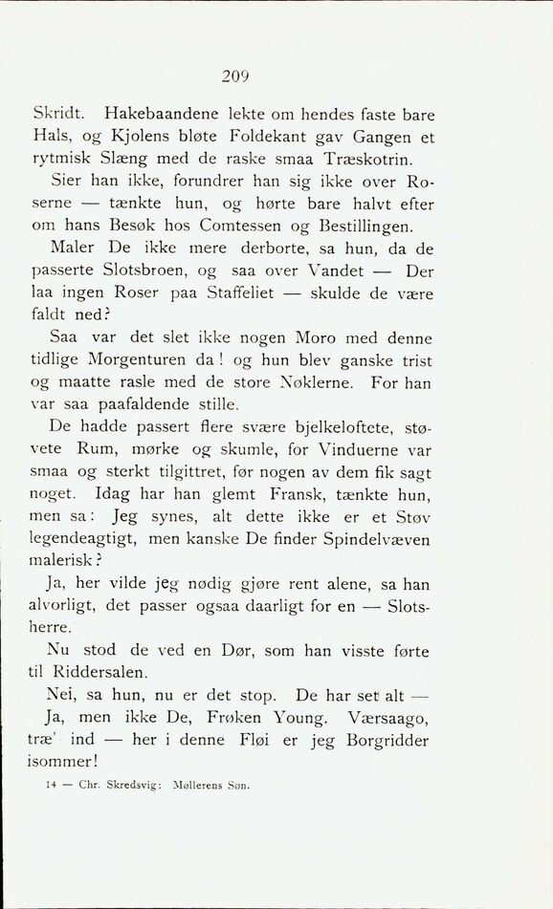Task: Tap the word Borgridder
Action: point(382,740)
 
